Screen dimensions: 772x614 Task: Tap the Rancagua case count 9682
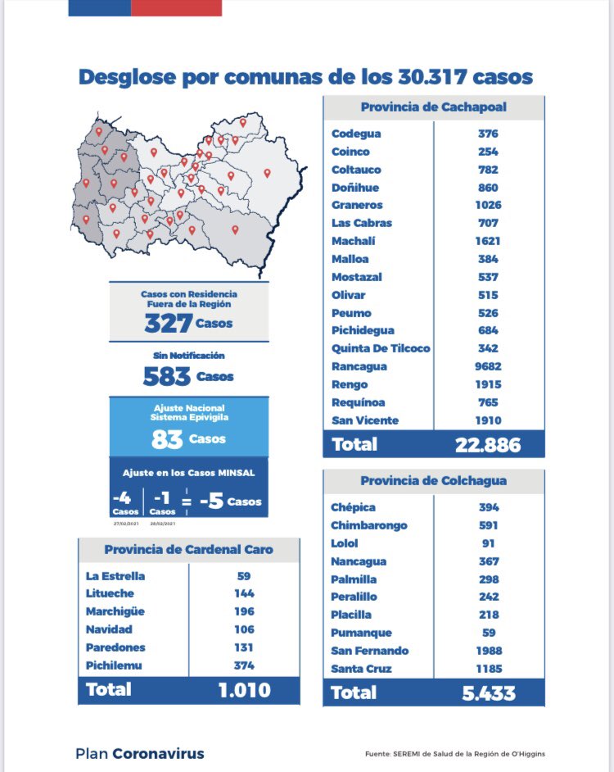point(489,366)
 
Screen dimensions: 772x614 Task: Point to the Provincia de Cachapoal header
point(433,108)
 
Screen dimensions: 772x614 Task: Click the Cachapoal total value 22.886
point(488,445)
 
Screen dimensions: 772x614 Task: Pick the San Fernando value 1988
point(489,651)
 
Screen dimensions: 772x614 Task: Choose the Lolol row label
point(345,543)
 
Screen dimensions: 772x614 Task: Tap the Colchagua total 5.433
point(488,693)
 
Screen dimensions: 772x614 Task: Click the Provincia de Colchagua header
point(433,481)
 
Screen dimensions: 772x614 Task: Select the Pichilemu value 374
point(243,665)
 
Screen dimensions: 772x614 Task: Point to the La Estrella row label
point(115,575)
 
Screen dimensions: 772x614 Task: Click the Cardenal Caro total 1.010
point(243,690)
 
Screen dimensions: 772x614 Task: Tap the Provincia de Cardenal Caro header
point(188,550)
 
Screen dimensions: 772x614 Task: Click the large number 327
point(168,323)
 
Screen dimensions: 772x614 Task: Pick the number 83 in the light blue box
point(167,438)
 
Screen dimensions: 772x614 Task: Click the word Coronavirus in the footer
point(158,753)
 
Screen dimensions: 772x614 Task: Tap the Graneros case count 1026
point(489,205)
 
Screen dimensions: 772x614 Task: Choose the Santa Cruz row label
point(361,669)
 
